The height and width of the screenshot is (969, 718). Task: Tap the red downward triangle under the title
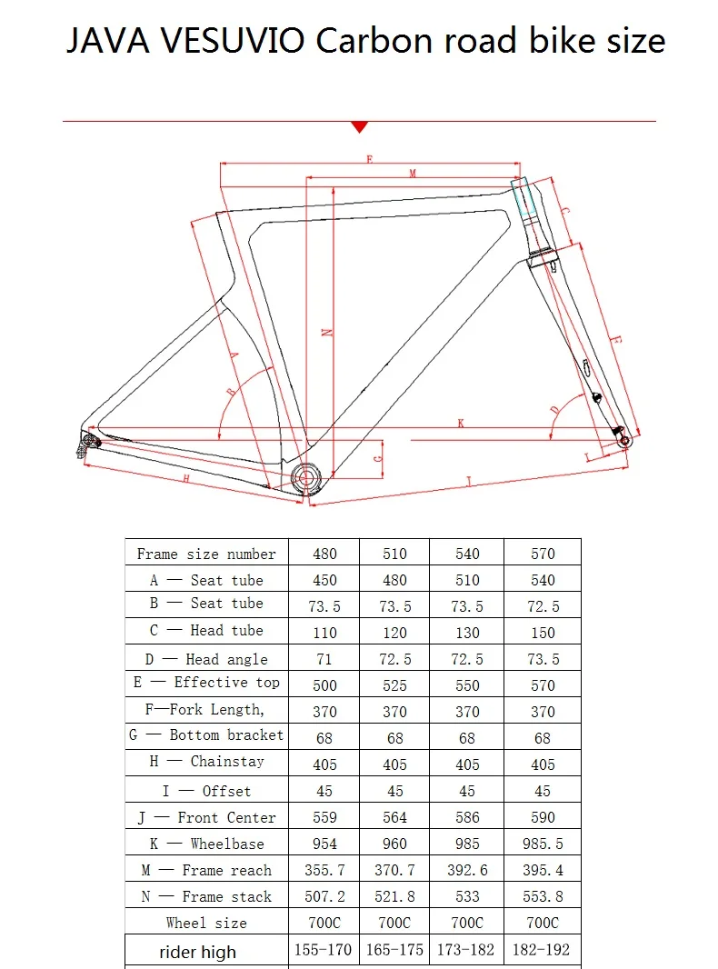pyautogui.click(x=359, y=126)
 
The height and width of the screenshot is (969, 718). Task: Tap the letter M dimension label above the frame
pyautogui.click(x=412, y=173)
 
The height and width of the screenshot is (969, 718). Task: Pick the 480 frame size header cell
pyautogui.click(x=324, y=554)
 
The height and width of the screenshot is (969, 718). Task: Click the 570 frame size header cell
pyautogui.click(x=543, y=554)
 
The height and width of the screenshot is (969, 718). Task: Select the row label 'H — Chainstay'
pyautogui.click(x=206, y=762)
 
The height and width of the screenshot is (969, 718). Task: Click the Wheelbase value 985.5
pyautogui.click(x=543, y=844)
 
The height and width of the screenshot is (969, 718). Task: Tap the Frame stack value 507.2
pyautogui.click(x=324, y=896)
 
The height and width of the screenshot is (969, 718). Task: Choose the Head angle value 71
pyautogui.click(x=324, y=659)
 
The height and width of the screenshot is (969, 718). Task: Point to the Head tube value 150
pyautogui.click(x=543, y=633)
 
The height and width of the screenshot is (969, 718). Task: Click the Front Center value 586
pyautogui.click(x=467, y=817)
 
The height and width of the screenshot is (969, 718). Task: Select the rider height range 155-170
pyautogui.click(x=324, y=950)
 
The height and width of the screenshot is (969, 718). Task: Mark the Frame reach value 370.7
pyautogui.click(x=394, y=870)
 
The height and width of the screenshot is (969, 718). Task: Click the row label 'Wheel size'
pyautogui.click(x=206, y=923)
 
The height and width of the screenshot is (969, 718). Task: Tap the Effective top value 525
pyautogui.click(x=394, y=685)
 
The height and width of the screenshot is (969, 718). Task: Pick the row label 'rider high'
pyautogui.click(x=197, y=952)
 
